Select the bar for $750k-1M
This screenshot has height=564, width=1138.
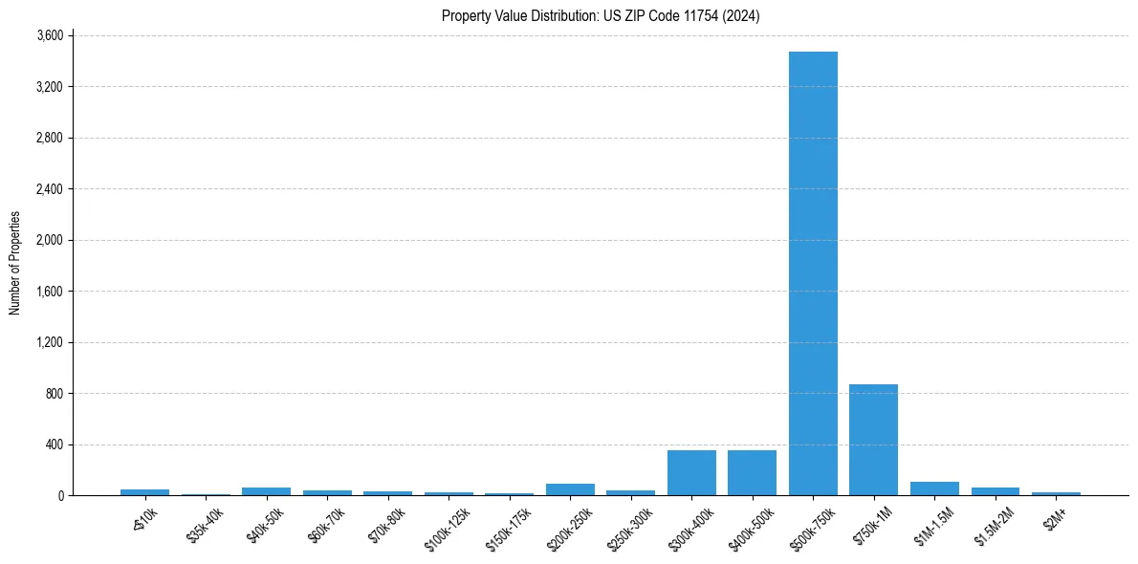click(x=873, y=440)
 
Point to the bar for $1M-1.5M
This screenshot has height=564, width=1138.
click(x=934, y=488)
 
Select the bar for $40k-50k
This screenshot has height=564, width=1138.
click(x=266, y=491)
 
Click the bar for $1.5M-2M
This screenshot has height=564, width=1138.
click(x=995, y=491)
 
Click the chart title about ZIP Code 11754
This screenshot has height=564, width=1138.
click(x=601, y=16)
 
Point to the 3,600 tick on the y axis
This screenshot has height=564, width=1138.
click(x=49, y=36)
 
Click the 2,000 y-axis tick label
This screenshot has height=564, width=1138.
click(x=49, y=240)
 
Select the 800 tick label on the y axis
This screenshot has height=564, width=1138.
click(x=54, y=394)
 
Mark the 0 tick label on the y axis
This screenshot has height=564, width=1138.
click(x=59, y=496)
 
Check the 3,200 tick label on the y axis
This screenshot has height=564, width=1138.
click(x=49, y=87)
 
